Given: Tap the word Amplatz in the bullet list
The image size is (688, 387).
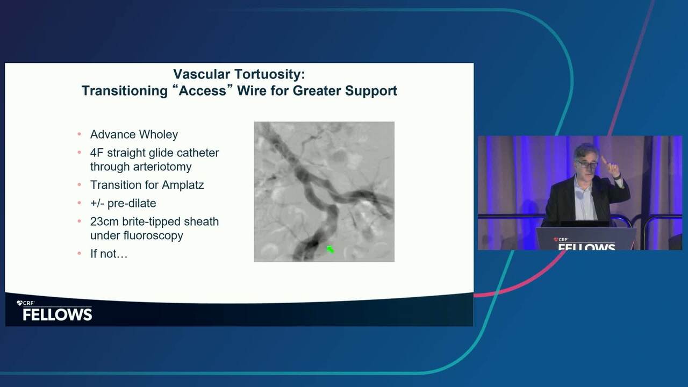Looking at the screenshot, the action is (x=183, y=185).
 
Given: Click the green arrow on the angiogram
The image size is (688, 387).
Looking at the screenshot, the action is (x=330, y=249).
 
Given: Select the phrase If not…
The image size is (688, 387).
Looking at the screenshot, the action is (x=109, y=254).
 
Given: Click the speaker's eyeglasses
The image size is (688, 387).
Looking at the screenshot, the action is (x=588, y=164).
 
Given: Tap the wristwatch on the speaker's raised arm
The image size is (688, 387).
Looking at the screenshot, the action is (x=618, y=177).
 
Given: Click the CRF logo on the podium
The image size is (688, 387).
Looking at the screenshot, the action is (x=561, y=240).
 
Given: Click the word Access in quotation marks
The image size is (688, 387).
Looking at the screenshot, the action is (x=203, y=91).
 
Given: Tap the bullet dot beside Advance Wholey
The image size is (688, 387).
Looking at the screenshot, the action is (x=80, y=134).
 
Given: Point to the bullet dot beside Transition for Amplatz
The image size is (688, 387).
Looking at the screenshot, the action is (x=80, y=184).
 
